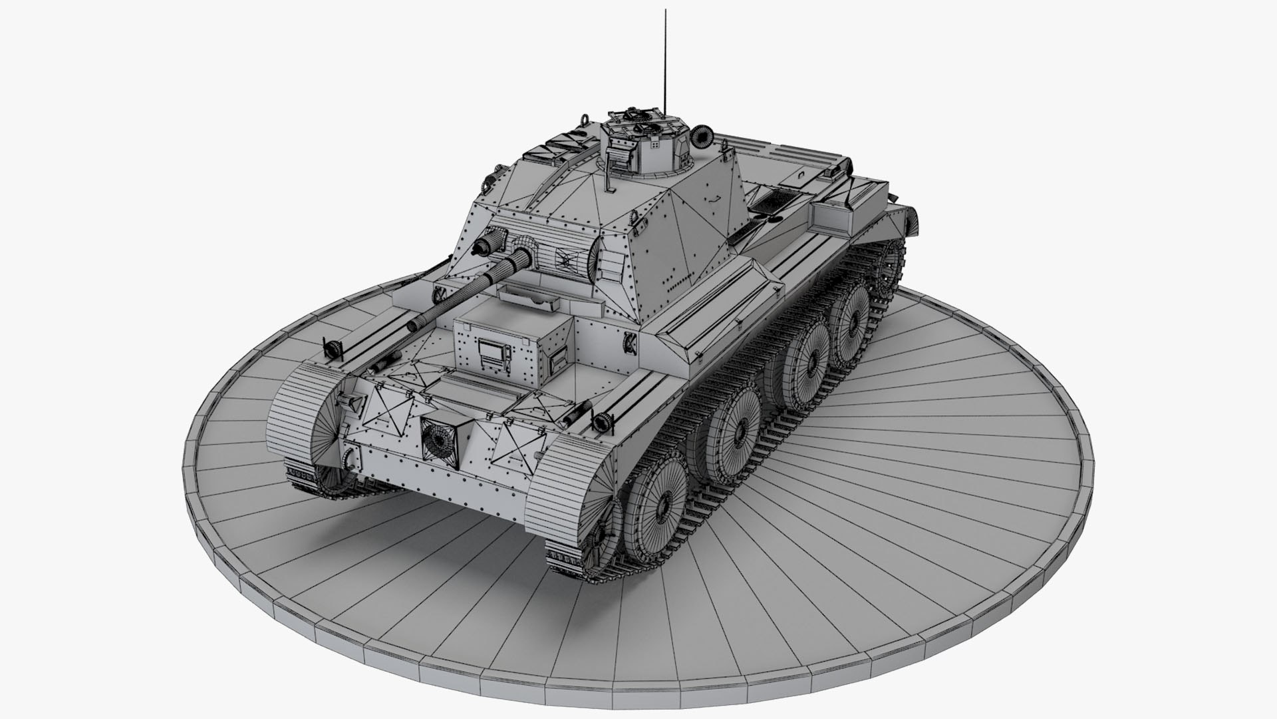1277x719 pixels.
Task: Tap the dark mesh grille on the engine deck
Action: pyautogui.click(x=776, y=200)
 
